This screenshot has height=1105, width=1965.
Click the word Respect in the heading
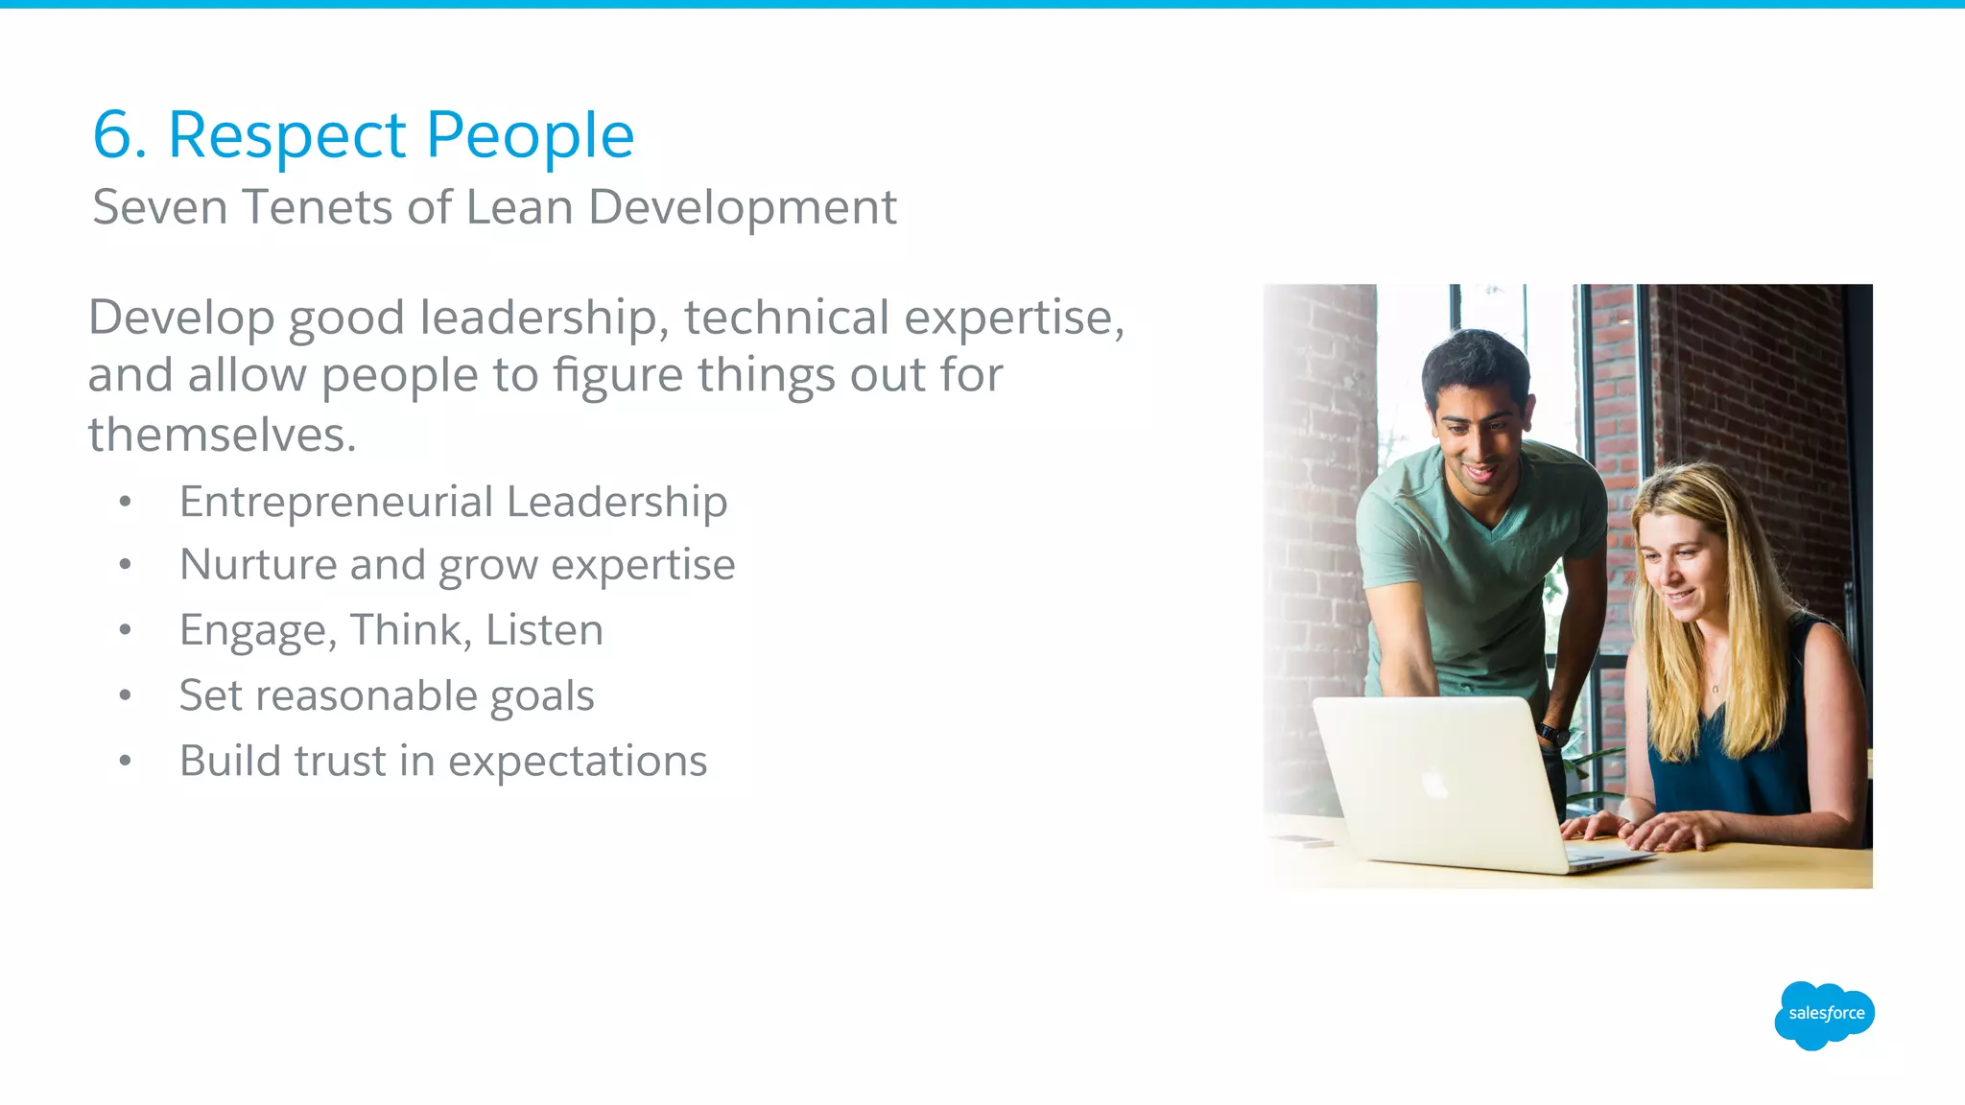[287, 135]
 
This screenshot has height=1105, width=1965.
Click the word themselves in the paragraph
[222, 435]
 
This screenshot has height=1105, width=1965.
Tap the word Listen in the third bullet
[544, 630]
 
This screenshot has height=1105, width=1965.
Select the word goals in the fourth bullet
[542, 696]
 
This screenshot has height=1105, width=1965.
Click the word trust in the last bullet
[340, 761]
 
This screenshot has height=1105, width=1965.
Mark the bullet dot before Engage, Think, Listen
[125, 630]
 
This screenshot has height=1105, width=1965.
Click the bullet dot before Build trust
[125, 761]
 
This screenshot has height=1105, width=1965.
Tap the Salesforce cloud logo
[1824, 1015]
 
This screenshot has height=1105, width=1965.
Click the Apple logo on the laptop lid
[1434, 784]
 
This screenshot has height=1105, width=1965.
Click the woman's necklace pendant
[1715, 688]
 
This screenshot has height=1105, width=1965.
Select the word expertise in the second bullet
[643, 564]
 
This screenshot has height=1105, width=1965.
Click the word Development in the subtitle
[742, 207]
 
